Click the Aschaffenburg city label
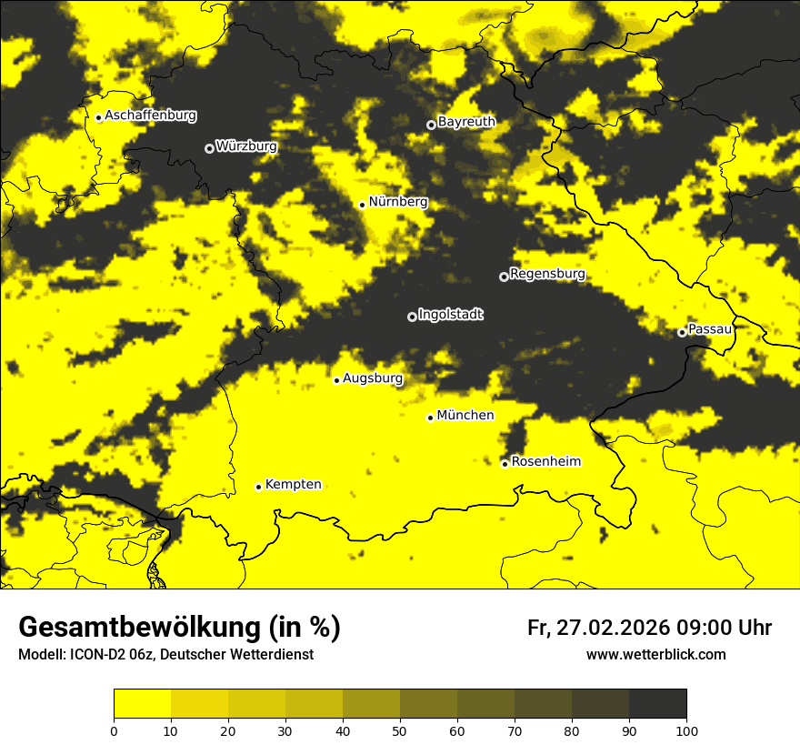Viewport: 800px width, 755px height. (150, 116)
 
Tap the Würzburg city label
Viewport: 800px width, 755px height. (246, 146)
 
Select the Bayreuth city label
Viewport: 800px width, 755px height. (466, 122)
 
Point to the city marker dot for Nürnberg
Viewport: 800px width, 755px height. (362, 205)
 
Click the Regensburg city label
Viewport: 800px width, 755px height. (547, 274)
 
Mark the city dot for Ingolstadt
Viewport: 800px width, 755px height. (412, 317)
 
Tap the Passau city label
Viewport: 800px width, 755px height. (710, 329)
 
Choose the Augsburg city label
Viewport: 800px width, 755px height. (373, 378)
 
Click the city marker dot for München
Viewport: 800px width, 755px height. (430, 418)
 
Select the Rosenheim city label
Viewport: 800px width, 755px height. (545, 462)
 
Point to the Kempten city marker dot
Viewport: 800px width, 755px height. (258, 487)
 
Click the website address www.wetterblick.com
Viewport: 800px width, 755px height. (655, 654)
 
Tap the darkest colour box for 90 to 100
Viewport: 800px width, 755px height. (657, 703)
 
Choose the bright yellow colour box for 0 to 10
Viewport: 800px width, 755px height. (142, 703)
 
